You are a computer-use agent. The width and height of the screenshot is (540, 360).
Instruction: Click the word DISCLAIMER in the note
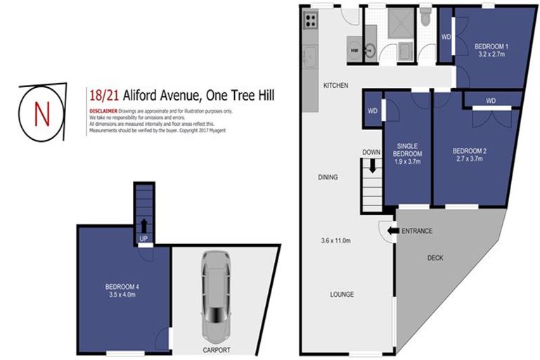pyautogui.click(x=103, y=111)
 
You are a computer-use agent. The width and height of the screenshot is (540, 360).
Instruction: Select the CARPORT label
pyautogui.click(x=216, y=349)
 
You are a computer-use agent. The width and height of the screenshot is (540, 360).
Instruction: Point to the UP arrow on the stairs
pyautogui.click(x=144, y=226)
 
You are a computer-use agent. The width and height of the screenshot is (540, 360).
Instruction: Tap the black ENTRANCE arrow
pyautogui.click(x=392, y=231)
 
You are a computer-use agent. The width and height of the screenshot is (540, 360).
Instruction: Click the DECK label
pyautogui.click(x=436, y=258)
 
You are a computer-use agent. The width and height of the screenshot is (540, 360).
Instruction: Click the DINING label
pyautogui.click(x=327, y=177)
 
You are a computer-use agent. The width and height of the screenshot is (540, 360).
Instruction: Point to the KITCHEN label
pyautogui.click(x=335, y=85)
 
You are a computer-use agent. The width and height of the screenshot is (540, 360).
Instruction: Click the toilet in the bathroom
pyautogui.click(x=425, y=16)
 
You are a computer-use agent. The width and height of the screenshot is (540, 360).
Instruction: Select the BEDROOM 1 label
pyautogui.click(x=491, y=47)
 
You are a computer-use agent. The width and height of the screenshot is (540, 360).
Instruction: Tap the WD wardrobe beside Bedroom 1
pyautogui.click(x=446, y=37)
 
